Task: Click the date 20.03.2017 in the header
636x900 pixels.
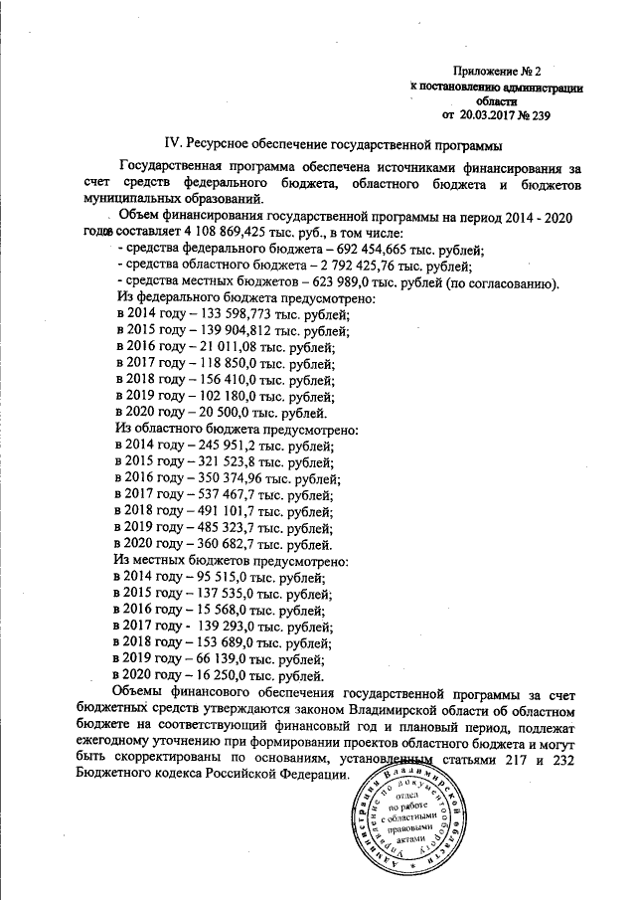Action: pyautogui.click(x=488, y=114)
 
